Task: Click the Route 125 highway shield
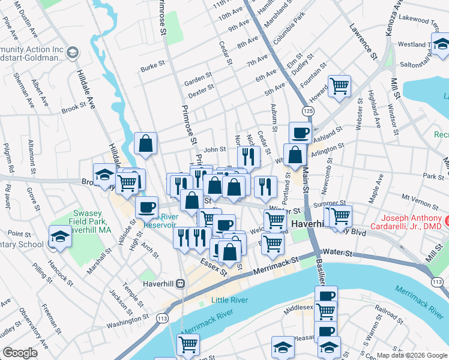pos(307,112)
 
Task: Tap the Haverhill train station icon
pos(180,284)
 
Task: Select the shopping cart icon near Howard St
pos(339,86)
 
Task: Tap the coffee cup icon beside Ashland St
pos(300,133)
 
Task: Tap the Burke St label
pos(152,67)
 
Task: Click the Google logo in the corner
pos(20,353)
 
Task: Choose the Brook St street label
pos(74,108)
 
